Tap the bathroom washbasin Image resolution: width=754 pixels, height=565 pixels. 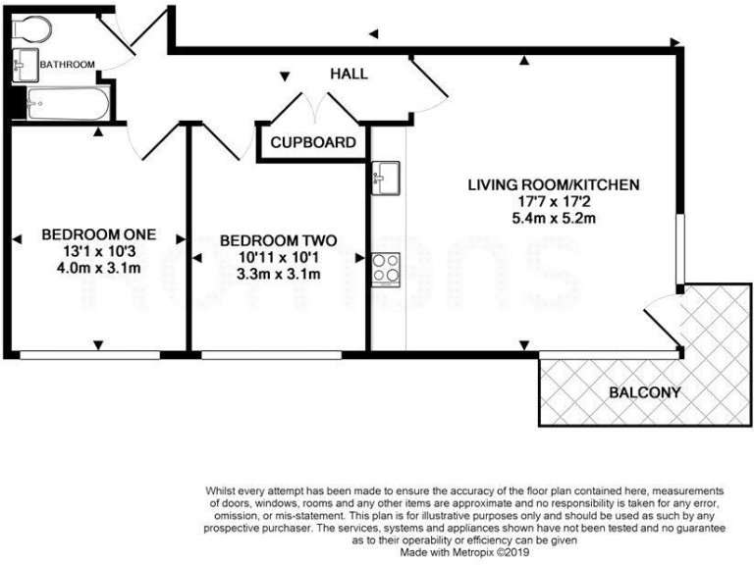25,65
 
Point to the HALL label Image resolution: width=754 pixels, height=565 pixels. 349,74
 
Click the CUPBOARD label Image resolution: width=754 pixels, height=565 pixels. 313,142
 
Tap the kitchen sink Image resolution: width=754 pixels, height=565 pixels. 383,178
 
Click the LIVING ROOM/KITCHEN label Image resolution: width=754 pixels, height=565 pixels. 553,184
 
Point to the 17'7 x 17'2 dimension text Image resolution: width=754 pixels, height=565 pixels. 553,201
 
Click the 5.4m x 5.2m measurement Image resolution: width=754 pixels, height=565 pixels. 553,218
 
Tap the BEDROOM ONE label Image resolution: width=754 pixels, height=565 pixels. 98,235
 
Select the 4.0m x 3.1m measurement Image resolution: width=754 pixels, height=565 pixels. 98,269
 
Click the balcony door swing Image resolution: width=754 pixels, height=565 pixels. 664,314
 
